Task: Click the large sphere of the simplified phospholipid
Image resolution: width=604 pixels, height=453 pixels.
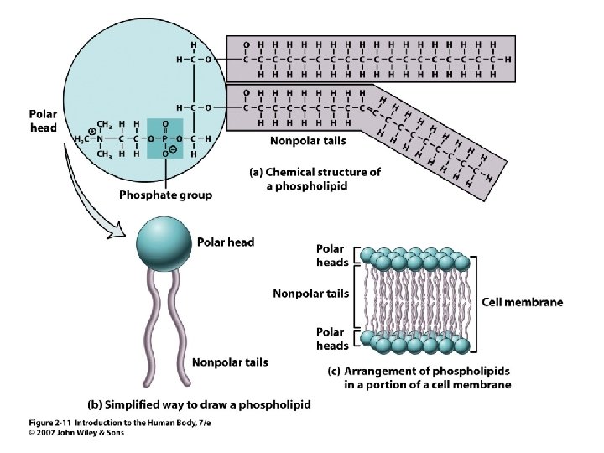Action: [x=164, y=242]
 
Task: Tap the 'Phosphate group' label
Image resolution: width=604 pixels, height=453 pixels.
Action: [x=165, y=195]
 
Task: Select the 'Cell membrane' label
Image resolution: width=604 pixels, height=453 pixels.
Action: [x=522, y=302]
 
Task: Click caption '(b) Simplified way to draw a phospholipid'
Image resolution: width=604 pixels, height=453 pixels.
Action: [x=200, y=404]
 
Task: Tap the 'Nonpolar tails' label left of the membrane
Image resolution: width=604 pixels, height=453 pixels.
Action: [x=310, y=294]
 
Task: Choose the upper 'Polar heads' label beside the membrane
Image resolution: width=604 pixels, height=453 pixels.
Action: [x=332, y=255]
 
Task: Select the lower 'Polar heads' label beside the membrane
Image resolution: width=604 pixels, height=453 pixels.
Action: [x=332, y=339]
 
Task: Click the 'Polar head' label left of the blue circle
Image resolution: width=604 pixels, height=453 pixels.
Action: [x=43, y=120]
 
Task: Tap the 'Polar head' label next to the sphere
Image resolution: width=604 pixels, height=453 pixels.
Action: [x=225, y=242]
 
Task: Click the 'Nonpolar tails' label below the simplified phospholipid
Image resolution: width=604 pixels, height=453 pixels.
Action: [x=230, y=362]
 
